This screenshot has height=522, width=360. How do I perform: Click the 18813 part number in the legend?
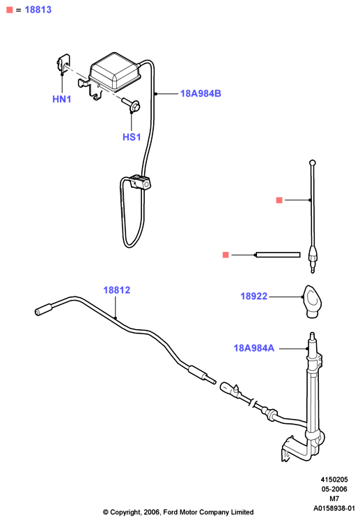[x=38, y=10]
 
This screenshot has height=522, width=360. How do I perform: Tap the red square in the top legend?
[x=9, y=10]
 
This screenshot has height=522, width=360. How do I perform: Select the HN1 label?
[x=61, y=99]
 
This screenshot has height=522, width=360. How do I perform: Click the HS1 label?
[x=132, y=137]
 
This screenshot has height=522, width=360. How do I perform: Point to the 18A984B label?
[x=201, y=93]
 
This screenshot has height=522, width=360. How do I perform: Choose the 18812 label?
[x=116, y=290]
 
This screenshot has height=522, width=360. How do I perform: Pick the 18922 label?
[x=253, y=296]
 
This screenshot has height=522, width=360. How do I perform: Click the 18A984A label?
[x=253, y=348]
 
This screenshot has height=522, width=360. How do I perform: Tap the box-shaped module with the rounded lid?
[x=115, y=72]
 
